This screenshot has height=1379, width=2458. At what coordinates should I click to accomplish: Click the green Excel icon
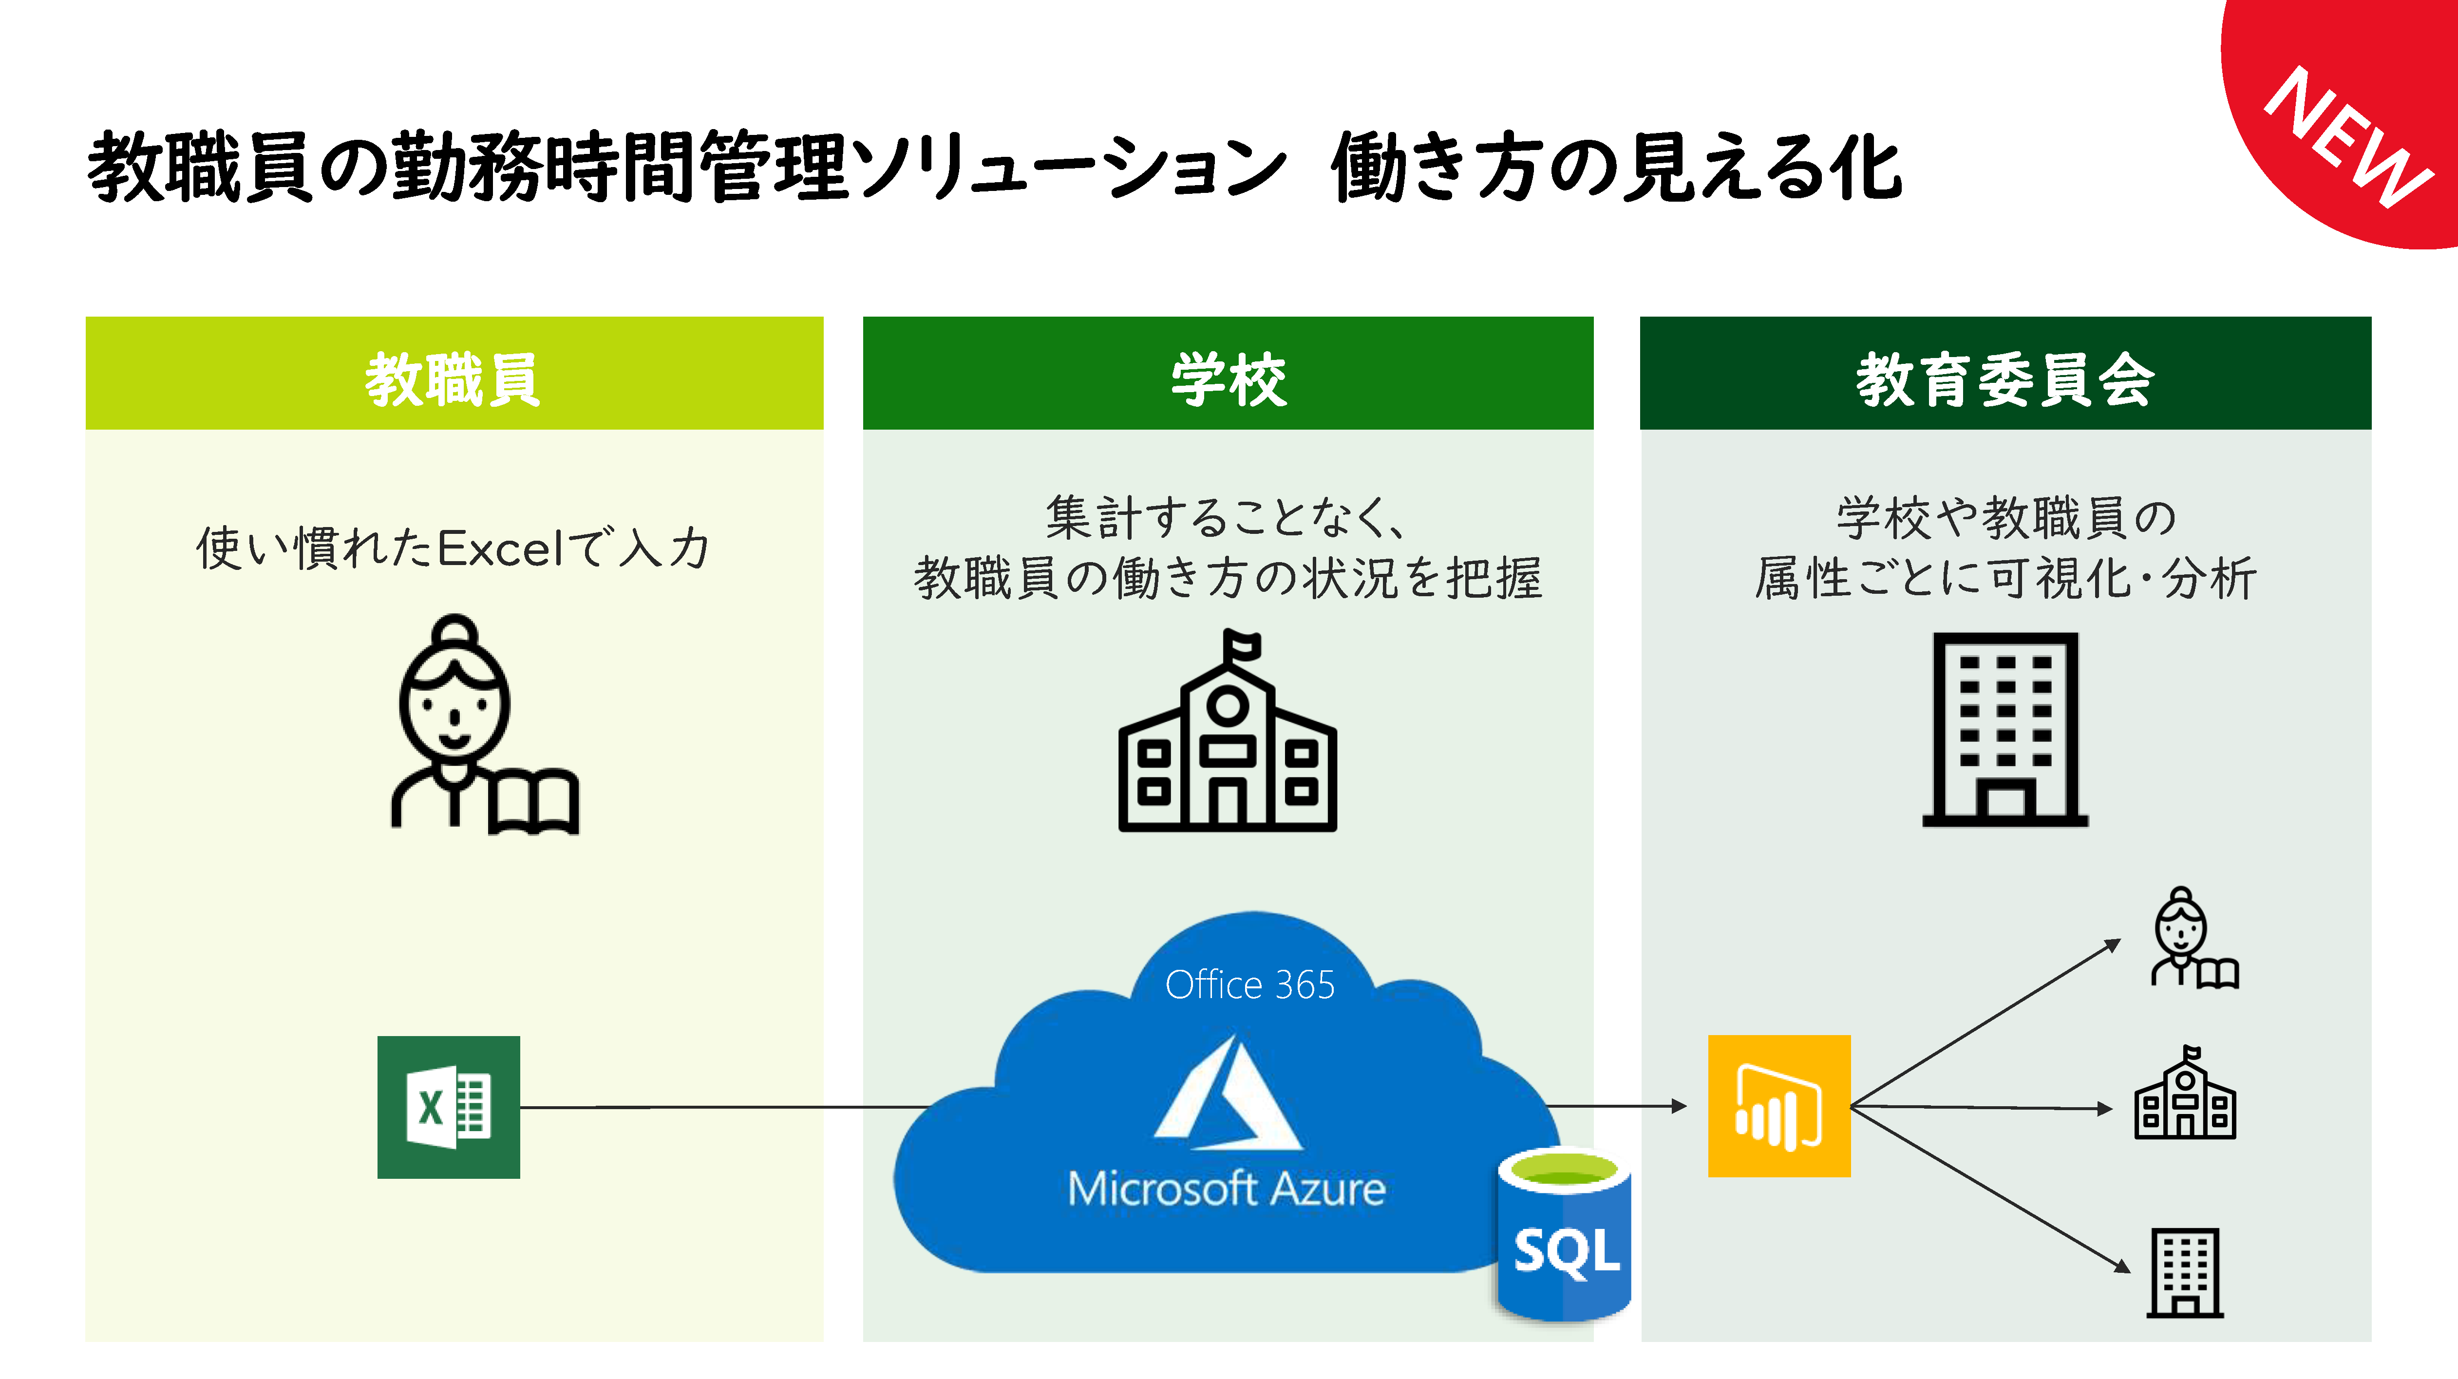pyautogui.click(x=449, y=1107)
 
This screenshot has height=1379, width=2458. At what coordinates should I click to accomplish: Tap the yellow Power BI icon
pyautogui.click(x=1778, y=1106)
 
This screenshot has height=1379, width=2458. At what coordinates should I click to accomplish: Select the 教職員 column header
pyautogui.click(x=454, y=379)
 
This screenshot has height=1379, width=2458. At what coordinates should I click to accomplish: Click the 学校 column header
pyautogui.click(x=1228, y=379)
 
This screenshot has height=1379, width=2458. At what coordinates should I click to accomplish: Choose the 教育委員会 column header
pyautogui.click(x=2005, y=379)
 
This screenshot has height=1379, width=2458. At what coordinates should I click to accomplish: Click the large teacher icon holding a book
pyautogui.click(x=468, y=725)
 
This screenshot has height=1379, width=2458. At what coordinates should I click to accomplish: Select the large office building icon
pyautogui.click(x=2005, y=730)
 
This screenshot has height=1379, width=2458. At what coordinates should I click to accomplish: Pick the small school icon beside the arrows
pyautogui.click(x=2185, y=1096)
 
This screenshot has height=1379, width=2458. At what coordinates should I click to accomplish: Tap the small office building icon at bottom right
pyautogui.click(x=2185, y=1273)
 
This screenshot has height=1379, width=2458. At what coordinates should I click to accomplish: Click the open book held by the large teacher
pyautogui.click(x=532, y=802)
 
